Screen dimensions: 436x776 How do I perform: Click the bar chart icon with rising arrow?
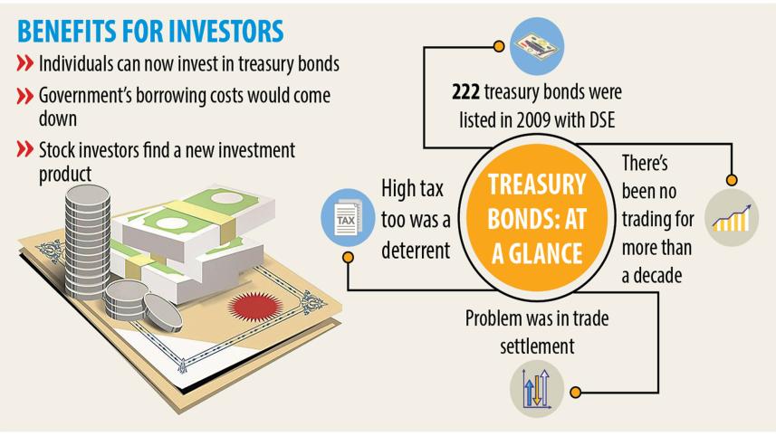pyautogui.click(x=729, y=214)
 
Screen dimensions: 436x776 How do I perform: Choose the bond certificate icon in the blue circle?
pyautogui.click(x=538, y=46)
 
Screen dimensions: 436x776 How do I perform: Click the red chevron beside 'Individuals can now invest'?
pyautogui.click(x=27, y=66)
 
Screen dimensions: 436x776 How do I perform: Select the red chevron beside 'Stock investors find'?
pyautogui.click(x=27, y=148)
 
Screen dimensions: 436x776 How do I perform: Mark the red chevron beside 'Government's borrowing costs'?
pyautogui.click(x=27, y=96)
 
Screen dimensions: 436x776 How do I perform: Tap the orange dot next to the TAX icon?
pyautogui.click(x=348, y=258)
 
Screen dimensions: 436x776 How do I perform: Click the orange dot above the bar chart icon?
pyautogui.click(x=732, y=179)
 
